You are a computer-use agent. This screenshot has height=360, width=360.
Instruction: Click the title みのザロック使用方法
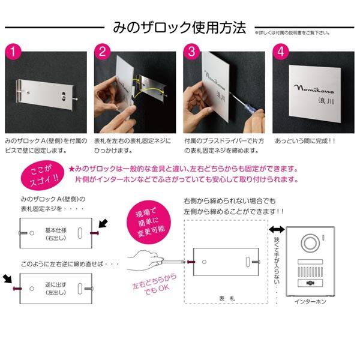coord(179,28)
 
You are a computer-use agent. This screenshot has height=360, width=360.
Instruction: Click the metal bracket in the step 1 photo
coord(44,94)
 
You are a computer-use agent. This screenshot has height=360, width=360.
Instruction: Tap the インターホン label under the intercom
coord(311,302)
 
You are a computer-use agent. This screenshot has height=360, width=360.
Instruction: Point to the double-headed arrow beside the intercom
coord(277,229)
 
